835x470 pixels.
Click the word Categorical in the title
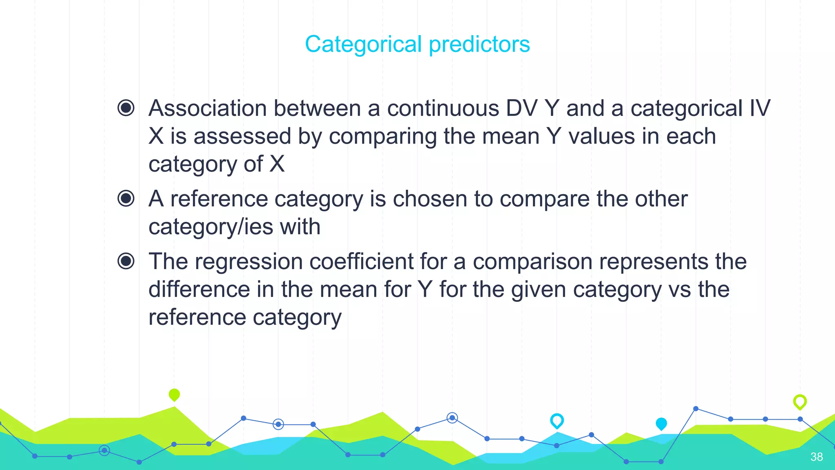[x=363, y=44]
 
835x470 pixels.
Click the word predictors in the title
[x=479, y=44]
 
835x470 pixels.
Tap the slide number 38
[x=816, y=457]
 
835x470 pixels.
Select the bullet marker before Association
[x=126, y=108]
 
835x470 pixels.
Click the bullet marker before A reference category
[x=126, y=199]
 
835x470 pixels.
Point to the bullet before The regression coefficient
[x=126, y=261]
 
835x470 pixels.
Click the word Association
[x=208, y=109]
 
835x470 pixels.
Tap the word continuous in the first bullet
[x=443, y=109]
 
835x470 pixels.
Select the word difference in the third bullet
[x=199, y=289]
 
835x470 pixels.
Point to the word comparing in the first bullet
[x=382, y=136]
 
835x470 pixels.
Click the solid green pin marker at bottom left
[x=174, y=395]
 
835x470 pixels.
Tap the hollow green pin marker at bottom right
[x=800, y=401]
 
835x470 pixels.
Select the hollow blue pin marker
[x=557, y=420]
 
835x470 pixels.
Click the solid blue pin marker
[x=661, y=423]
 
